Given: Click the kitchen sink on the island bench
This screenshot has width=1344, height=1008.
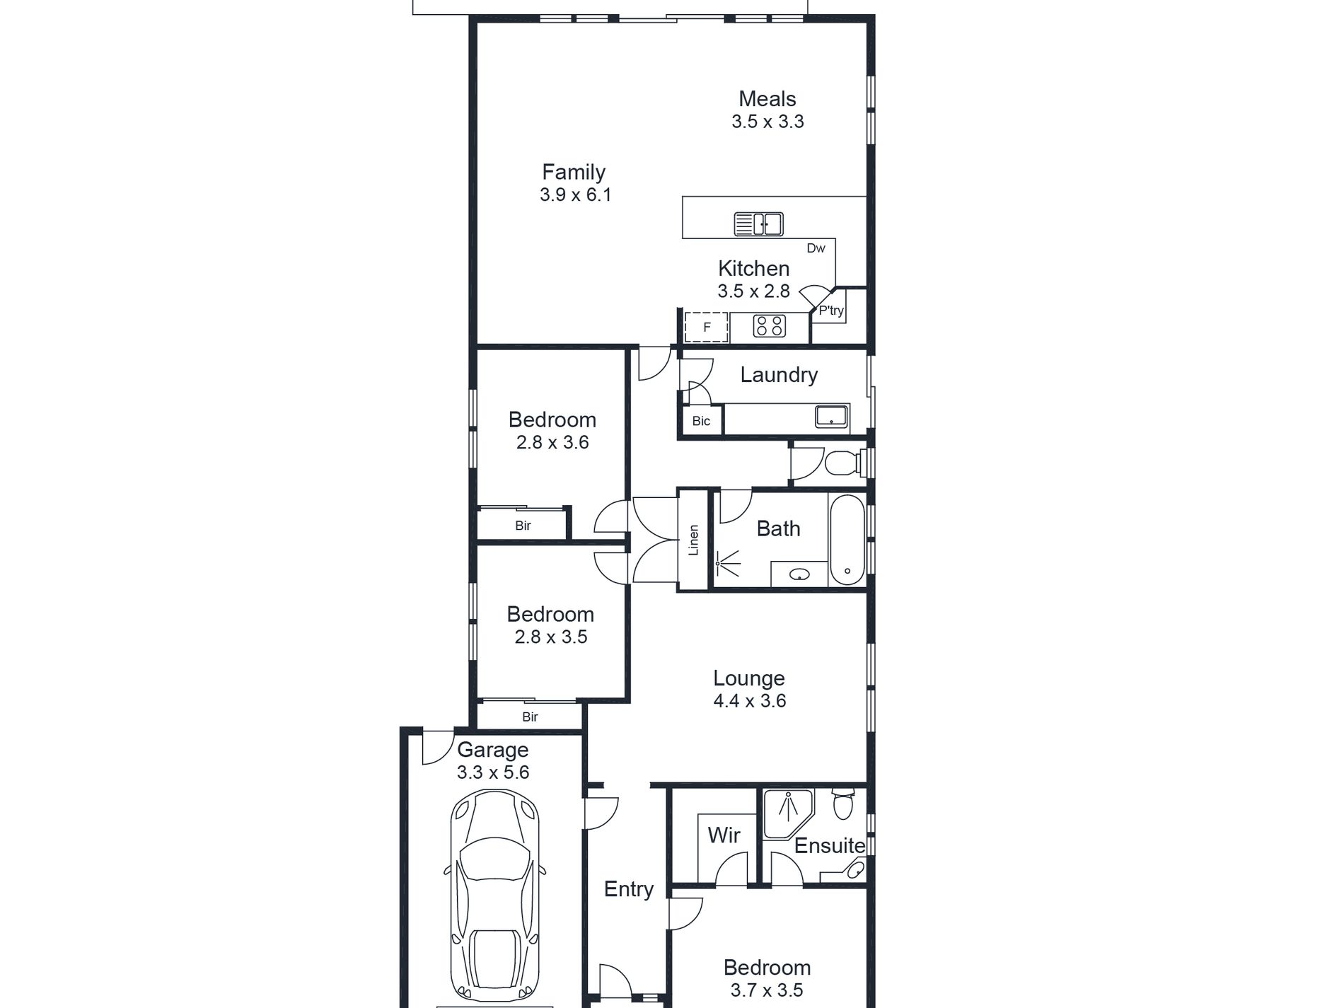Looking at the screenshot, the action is [758, 224].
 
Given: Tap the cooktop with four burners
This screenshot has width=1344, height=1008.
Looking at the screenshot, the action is [770, 326].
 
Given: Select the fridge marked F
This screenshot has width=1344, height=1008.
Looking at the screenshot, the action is [707, 327].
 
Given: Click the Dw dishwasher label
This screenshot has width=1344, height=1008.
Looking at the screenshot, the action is [816, 248].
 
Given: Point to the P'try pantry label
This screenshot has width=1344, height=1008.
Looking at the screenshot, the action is [831, 311].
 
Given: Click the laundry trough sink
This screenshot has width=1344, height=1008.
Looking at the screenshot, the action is [832, 416].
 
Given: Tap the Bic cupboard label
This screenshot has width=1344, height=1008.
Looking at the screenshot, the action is [701, 421].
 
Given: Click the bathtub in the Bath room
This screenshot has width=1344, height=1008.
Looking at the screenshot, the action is [847, 539].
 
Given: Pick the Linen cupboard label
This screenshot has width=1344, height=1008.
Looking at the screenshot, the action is [694, 540].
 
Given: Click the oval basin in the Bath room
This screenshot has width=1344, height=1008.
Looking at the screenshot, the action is [799, 574].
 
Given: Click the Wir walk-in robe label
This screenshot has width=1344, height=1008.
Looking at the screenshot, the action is [724, 835].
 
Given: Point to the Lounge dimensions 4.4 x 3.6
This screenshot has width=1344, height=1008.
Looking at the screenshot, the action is [750, 701].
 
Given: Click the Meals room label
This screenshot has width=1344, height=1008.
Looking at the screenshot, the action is [767, 99].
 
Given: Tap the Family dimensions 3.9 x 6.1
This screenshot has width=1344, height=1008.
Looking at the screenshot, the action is [575, 195].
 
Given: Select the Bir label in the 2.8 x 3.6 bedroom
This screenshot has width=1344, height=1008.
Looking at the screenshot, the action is [523, 526].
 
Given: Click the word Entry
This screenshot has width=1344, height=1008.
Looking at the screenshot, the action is [628, 890].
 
